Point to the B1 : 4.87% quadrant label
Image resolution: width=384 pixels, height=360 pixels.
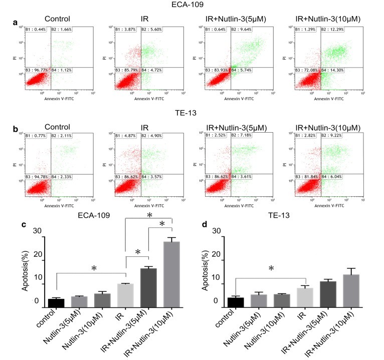[126, 136]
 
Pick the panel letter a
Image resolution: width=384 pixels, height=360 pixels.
[16, 23]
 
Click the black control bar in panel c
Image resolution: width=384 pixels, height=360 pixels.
[56, 302]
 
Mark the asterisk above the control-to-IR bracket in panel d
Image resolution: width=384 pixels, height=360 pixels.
[271, 269]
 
